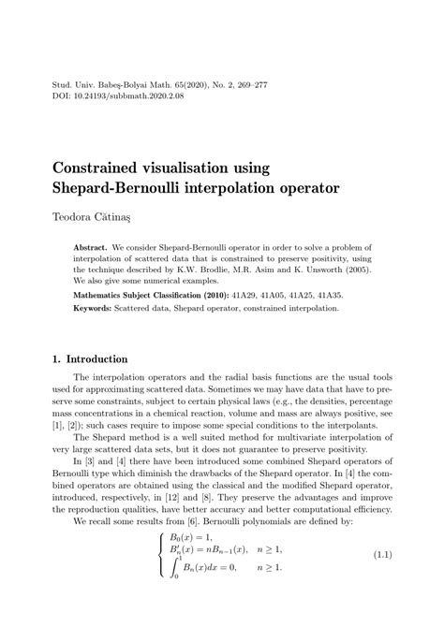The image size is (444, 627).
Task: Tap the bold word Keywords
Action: click(96, 307)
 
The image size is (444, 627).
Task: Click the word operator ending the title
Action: click(305, 188)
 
